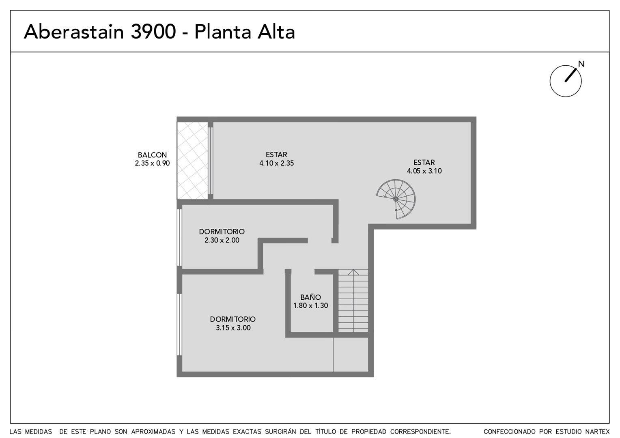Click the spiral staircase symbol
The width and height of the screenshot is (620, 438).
(x=396, y=199)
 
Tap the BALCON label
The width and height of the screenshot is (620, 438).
(x=152, y=155)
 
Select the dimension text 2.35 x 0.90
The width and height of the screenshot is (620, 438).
(x=152, y=163)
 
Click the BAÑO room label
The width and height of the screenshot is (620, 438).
(x=310, y=297)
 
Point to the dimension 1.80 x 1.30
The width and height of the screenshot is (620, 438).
(x=310, y=305)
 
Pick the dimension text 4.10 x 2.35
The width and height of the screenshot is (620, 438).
(x=276, y=163)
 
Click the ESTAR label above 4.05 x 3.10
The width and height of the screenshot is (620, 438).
(x=424, y=162)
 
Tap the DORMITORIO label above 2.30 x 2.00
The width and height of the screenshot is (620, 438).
(x=222, y=232)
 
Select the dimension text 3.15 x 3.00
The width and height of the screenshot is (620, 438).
(x=233, y=328)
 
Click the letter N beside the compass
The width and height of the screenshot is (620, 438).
(x=581, y=64)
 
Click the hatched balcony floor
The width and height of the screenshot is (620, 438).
(x=192, y=161)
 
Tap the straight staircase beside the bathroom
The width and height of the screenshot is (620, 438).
(x=353, y=301)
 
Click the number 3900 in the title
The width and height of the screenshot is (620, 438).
(x=153, y=32)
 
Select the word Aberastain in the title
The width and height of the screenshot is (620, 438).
(x=73, y=32)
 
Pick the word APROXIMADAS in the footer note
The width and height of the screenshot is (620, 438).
(x=153, y=432)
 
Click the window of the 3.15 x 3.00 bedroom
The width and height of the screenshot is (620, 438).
(x=179, y=324)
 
